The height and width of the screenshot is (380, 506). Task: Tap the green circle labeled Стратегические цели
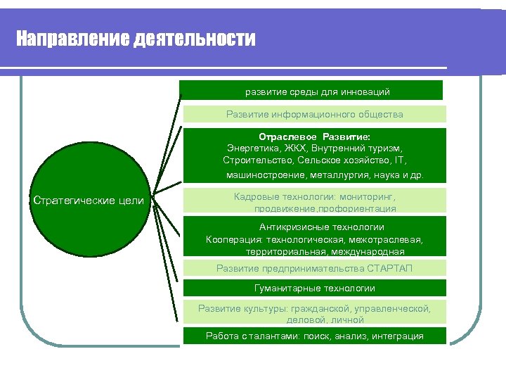pyautogui.click(x=89, y=201)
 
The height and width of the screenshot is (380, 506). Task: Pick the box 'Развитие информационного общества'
pyautogui.click(x=314, y=114)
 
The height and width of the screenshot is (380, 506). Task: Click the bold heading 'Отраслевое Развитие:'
pyautogui.click(x=314, y=137)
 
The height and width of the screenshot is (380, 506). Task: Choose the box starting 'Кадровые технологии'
pyautogui.click(x=314, y=202)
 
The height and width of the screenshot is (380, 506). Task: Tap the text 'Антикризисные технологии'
pyautogui.click(x=321, y=227)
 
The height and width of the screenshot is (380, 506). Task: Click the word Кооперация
pyautogui.click(x=231, y=239)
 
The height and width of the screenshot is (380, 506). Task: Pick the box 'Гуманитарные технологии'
pyautogui.click(x=314, y=288)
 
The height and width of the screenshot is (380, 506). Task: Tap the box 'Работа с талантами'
pyautogui.click(x=314, y=336)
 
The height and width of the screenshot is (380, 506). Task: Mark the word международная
pyautogui.click(x=370, y=251)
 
